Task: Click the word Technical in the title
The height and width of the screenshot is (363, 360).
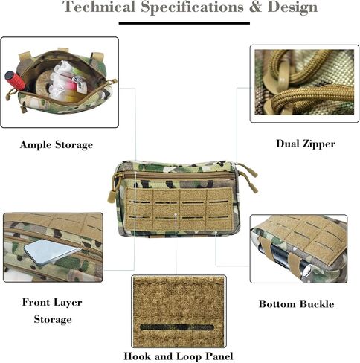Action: pos(99,7)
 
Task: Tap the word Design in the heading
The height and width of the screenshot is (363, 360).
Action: pos(292,7)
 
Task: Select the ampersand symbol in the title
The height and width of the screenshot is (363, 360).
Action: pos(255,7)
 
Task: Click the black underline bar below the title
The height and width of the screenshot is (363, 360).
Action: pos(184,23)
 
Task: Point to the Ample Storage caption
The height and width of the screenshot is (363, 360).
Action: pos(57,144)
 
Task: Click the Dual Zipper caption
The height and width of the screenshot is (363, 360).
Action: pos(306,144)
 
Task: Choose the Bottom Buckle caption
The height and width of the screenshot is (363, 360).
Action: pos(297,304)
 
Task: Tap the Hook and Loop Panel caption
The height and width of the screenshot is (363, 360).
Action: pos(179,356)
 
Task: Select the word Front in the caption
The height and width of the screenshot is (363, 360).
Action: pos(36,302)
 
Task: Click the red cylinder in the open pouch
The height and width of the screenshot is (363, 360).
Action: pos(15,80)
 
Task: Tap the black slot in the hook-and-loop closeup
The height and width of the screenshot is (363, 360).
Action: pos(177,327)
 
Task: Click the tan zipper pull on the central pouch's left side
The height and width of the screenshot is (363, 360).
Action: pos(113,190)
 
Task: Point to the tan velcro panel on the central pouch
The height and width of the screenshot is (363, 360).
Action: pos(179,209)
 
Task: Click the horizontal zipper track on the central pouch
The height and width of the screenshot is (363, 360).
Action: pos(177,176)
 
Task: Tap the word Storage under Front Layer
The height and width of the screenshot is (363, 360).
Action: pos(53,319)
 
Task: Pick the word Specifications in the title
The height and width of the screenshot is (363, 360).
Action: pos(193,7)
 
